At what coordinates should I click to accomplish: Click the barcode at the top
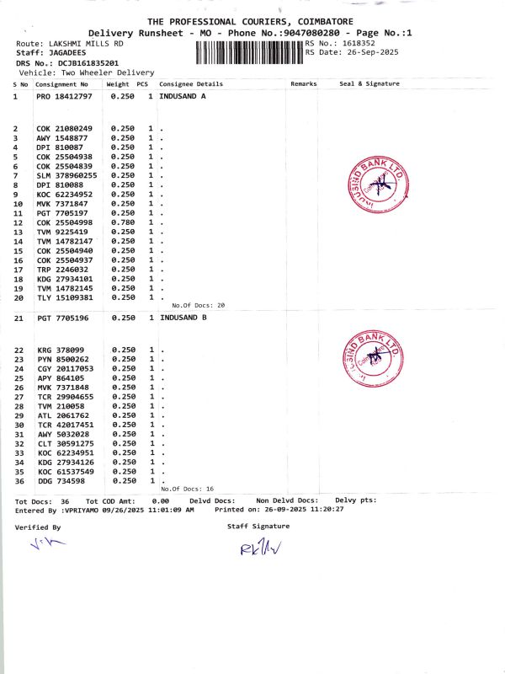[x=248, y=53]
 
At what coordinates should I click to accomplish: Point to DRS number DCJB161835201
[x=83, y=62]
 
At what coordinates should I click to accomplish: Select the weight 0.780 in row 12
[x=123, y=222]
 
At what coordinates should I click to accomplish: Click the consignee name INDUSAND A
[x=183, y=97]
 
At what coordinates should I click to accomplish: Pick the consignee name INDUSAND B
[x=183, y=318]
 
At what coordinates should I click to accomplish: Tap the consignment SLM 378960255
[x=66, y=175]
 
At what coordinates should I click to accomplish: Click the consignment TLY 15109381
[x=64, y=297]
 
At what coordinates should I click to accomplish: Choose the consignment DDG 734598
[x=61, y=481]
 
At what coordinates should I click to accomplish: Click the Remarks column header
[x=303, y=84]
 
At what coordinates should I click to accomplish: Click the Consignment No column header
[x=61, y=84]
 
